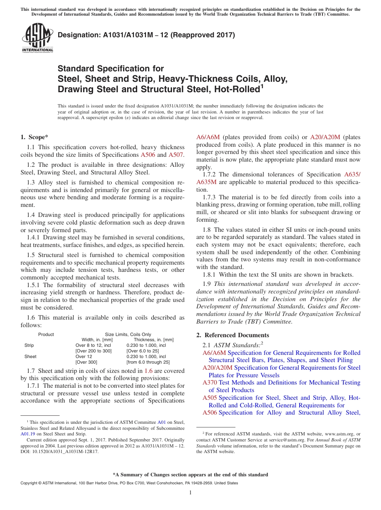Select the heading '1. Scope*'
click(34, 137)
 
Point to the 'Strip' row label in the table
click(29, 345)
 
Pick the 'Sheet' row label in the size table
click(30, 356)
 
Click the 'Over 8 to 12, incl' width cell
click(93, 345)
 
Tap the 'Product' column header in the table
click(46, 334)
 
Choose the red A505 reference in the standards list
click(210, 398)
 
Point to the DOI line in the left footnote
click(59, 451)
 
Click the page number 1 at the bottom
click(190, 492)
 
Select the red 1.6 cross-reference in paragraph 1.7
click(148, 371)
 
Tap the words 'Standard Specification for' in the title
click(111, 69)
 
